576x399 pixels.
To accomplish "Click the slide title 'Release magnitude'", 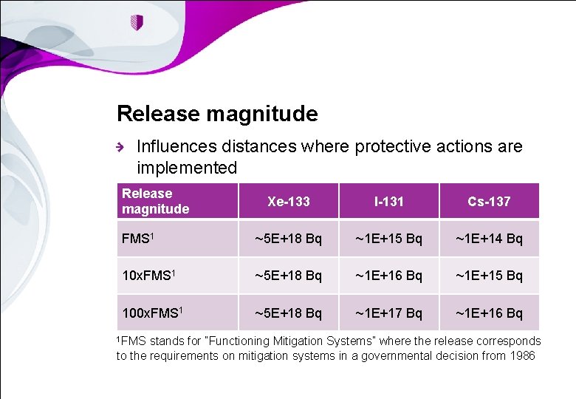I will point(217,114).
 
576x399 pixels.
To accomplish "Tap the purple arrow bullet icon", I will point(122,148).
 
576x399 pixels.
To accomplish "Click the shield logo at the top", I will point(137,22).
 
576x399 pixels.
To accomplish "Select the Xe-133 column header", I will point(288,201).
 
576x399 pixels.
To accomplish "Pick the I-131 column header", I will point(388,201).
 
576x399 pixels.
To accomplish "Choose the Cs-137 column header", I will point(489,201).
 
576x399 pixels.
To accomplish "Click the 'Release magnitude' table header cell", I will point(156,201).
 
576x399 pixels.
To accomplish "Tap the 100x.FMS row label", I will point(153,312).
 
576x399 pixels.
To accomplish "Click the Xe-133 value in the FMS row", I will point(288,239).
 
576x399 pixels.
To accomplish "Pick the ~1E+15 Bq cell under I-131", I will point(388,239).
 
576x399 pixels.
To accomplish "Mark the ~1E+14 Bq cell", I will point(489,239).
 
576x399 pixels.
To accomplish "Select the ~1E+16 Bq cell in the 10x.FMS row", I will point(388,276).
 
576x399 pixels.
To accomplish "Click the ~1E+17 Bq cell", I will point(388,313).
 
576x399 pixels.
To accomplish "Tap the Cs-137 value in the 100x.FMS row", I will point(489,313).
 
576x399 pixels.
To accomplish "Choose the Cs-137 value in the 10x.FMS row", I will point(489,276).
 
